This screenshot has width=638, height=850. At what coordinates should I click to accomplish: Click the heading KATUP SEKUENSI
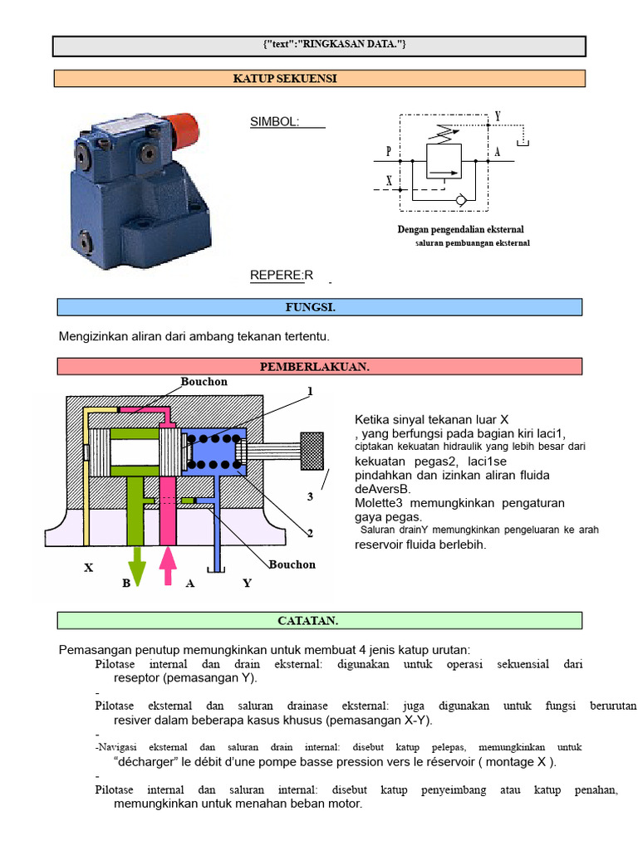(x=285, y=79)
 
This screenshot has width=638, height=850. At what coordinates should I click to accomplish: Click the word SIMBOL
(x=274, y=121)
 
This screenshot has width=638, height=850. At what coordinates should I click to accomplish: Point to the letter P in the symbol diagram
(x=389, y=151)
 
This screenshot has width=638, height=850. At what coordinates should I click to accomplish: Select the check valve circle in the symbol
(x=460, y=200)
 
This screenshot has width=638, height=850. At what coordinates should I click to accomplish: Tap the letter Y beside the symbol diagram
(x=498, y=116)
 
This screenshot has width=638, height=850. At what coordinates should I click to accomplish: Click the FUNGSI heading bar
(x=320, y=307)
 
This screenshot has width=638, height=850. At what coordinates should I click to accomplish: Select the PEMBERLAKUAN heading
(x=315, y=366)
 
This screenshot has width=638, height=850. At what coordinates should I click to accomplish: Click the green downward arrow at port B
(x=137, y=566)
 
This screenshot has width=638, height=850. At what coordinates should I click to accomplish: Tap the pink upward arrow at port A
(x=168, y=565)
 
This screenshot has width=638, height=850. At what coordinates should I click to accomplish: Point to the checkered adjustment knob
(x=312, y=451)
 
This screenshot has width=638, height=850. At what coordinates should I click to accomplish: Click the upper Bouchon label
(x=204, y=382)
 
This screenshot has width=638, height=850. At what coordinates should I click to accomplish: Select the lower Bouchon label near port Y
(x=292, y=564)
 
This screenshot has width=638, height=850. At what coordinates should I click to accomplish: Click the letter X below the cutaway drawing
(x=88, y=568)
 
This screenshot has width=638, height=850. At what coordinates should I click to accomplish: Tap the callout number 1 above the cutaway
(x=311, y=391)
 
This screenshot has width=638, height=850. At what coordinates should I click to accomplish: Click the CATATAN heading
(x=307, y=621)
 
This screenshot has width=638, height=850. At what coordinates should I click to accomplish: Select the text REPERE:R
(x=282, y=276)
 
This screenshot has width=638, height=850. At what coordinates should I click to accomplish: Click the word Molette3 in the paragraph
(x=379, y=503)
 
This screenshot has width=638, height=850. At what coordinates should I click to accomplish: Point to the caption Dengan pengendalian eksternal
(x=460, y=229)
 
